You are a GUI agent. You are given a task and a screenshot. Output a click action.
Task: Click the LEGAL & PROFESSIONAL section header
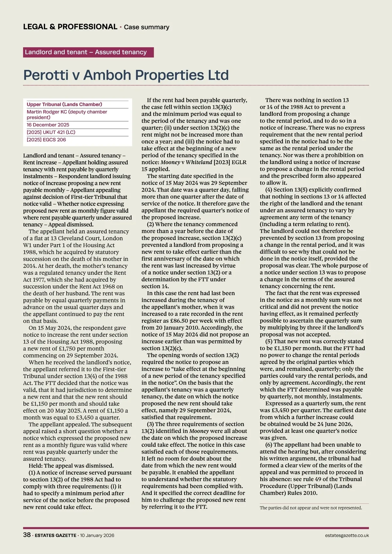tap(70, 27)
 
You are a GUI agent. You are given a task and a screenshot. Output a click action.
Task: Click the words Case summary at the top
tap(146, 27)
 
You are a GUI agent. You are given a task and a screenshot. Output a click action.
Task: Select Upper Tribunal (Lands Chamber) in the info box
tap(64, 105)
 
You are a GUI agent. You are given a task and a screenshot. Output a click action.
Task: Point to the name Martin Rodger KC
tap(45, 112)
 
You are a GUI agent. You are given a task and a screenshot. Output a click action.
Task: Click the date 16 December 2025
tap(48, 125)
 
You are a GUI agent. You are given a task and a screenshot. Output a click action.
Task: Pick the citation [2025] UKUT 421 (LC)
tap(51, 132)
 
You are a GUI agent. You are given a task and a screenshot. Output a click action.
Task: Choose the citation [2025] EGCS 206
tap(46, 140)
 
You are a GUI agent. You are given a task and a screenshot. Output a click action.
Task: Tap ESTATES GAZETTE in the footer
tap(55, 536)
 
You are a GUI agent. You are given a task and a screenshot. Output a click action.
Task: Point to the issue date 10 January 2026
tap(97, 536)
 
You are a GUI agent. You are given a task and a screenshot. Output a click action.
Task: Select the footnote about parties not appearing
tap(311, 508)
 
